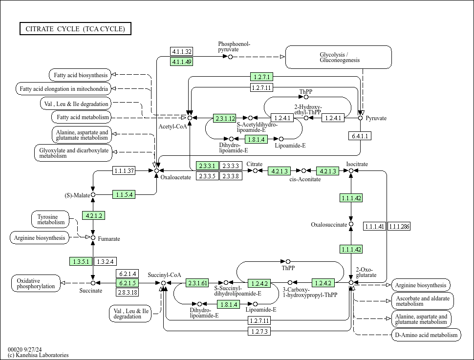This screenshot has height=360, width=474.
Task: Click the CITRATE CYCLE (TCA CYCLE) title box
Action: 75,29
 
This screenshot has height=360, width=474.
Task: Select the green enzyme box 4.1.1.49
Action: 182,62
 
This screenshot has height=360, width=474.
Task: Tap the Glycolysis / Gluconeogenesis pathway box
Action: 338,57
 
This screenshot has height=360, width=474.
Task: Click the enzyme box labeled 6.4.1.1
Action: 360,136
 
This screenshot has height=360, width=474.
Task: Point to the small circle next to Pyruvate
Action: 361,118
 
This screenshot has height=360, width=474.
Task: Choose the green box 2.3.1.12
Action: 225,118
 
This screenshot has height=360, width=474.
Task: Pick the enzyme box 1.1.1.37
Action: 124,170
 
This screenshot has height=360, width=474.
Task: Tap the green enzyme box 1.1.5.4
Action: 124,194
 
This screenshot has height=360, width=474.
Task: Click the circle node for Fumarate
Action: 93,237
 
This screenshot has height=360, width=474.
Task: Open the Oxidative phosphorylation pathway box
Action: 36,283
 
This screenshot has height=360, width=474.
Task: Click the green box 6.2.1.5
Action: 127,283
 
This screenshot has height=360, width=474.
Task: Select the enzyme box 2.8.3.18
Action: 127,292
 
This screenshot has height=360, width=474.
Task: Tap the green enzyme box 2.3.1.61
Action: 197,283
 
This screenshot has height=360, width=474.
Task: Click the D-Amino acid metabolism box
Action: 426,335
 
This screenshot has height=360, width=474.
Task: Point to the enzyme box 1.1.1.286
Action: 399,226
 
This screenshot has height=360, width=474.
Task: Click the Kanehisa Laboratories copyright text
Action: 38,355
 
